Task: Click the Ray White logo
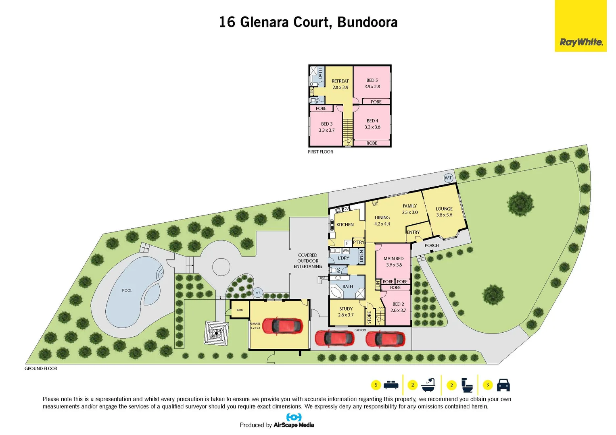(x=581, y=42)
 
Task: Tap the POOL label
(x=127, y=290)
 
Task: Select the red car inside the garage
(x=282, y=325)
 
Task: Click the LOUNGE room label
(x=444, y=209)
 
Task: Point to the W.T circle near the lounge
(x=448, y=178)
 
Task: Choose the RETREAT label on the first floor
(x=340, y=81)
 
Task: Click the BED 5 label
(x=372, y=81)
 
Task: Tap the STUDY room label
(x=346, y=309)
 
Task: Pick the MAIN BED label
(x=393, y=259)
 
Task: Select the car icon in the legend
(x=503, y=385)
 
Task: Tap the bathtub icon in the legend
(x=428, y=385)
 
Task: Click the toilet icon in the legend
(x=467, y=385)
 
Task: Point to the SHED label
(x=240, y=310)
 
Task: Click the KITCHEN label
(x=345, y=225)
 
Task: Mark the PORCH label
(x=431, y=245)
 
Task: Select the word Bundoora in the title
(x=367, y=22)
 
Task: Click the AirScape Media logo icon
(x=294, y=417)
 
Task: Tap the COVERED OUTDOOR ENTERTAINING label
(x=308, y=261)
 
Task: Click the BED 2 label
(x=398, y=304)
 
